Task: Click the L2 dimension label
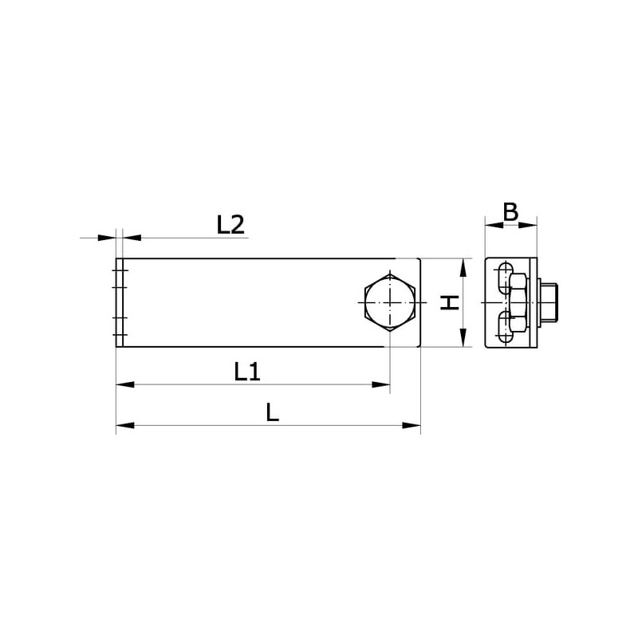tap(230, 225)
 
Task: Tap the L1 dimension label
tap(247, 372)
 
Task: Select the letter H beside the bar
tap(450, 303)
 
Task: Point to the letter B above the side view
tap(510, 211)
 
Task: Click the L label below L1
tap(272, 412)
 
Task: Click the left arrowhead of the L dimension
tap(125, 425)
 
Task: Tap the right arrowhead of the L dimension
tap(412, 425)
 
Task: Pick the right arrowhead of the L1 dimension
tap(381, 384)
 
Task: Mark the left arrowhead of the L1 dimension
tap(125, 384)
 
